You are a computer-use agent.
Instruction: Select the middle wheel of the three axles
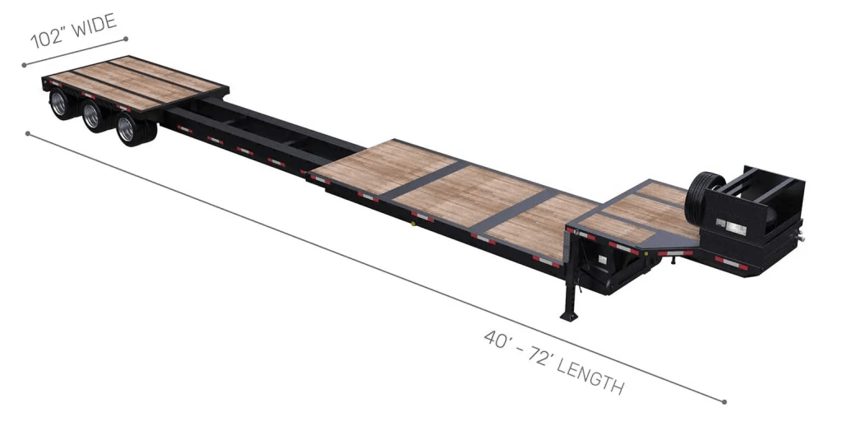pyautogui.click(x=94, y=118)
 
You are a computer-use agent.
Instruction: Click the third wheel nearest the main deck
pyautogui.click(x=128, y=130)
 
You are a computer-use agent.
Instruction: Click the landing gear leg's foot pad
pyautogui.click(x=568, y=315)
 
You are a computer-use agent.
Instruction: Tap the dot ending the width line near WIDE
pyautogui.click(x=126, y=38)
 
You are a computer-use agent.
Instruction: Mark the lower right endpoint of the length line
pyautogui.click(x=724, y=402)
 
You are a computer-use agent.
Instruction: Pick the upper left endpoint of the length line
pyautogui.click(x=28, y=132)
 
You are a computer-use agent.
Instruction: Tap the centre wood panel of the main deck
pyautogui.click(x=468, y=195)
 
